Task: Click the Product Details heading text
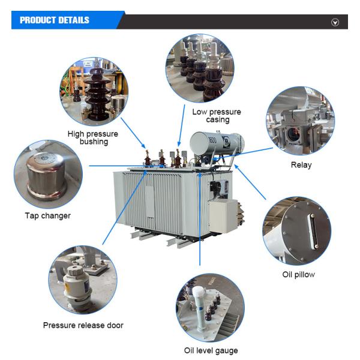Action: (x=55, y=20)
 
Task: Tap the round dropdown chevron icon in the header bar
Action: (x=335, y=22)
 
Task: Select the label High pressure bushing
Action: (x=93, y=137)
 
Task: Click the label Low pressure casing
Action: (x=217, y=116)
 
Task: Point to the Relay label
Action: (x=301, y=165)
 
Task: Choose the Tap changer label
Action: (x=48, y=216)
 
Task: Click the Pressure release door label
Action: (x=83, y=325)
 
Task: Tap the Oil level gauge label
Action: (x=211, y=350)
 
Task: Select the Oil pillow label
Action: (x=298, y=274)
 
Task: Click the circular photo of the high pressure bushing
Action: (x=94, y=91)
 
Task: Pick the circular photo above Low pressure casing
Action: (x=200, y=68)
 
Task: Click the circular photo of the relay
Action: (x=301, y=121)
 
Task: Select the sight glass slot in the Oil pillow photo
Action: (x=313, y=231)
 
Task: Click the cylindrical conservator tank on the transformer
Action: (x=217, y=143)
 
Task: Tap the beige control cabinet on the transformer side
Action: (x=223, y=216)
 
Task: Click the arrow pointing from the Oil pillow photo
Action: (x=250, y=182)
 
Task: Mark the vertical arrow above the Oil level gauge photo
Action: (x=200, y=219)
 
